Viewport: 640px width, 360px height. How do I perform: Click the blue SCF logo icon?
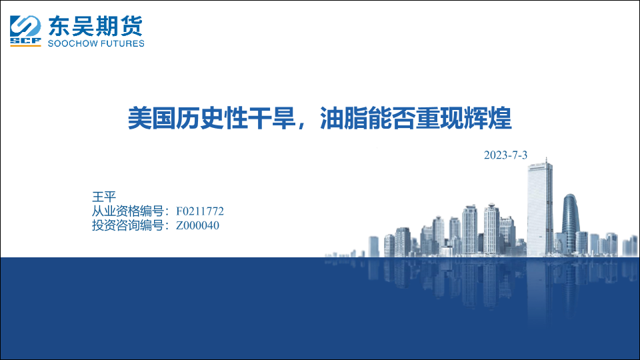[x=25, y=29]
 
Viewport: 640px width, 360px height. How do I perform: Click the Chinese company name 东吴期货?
[x=95, y=26]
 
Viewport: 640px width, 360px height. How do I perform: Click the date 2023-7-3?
[x=505, y=155]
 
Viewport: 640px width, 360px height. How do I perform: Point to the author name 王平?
[x=104, y=197]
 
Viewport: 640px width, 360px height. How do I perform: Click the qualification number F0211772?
[x=199, y=211]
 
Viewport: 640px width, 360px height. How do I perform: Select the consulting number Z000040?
[x=197, y=225]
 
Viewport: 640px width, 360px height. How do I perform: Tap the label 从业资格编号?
[x=127, y=211]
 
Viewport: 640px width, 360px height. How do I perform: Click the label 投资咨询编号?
[x=127, y=225]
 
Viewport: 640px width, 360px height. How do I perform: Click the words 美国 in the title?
[x=152, y=119]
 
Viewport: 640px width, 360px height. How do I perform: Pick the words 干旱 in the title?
[x=272, y=119]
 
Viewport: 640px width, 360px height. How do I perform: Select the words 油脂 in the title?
[x=344, y=119]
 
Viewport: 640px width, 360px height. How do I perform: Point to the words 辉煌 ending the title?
[x=487, y=119]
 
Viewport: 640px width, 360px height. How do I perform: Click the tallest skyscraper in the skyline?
[x=539, y=208]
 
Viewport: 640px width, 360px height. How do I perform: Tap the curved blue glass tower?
[x=571, y=224]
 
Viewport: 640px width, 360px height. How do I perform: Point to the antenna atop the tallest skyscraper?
[x=547, y=160]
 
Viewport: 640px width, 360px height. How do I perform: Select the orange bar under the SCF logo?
[x=25, y=45]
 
